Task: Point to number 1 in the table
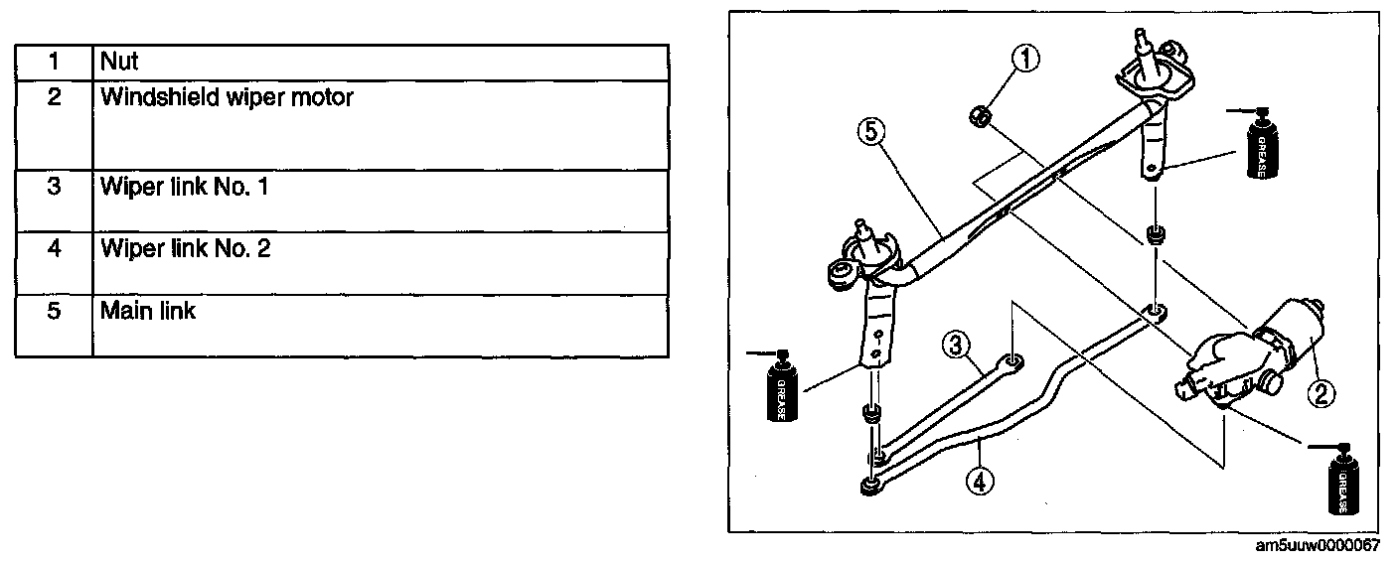[54, 62]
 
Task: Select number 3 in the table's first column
[54, 187]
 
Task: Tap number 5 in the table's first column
[54, 311]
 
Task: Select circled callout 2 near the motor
[1322, 395]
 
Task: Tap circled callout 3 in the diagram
[954, 346]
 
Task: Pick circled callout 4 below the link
[979, 482]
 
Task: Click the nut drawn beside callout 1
[979, 117]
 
